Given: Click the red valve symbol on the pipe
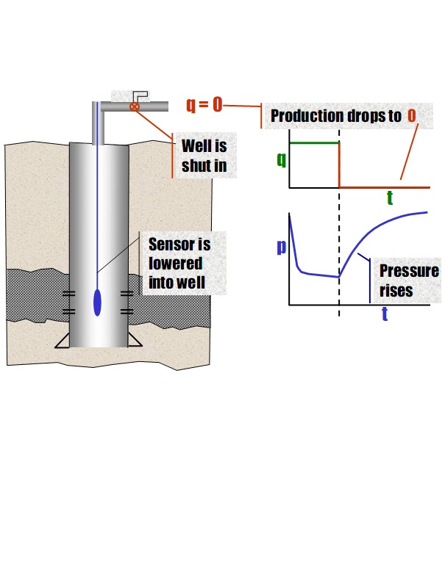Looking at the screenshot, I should click(135, 106).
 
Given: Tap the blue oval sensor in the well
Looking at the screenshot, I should click(98, 303).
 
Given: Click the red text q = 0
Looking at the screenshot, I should click(204, 105).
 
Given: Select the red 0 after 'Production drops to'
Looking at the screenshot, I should click(411, 116).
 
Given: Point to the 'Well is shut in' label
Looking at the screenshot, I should click(204, 156).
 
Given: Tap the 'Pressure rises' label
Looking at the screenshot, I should click(408, 280).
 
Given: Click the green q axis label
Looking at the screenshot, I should click(281, 159).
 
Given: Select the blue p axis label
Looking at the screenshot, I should click(281, 247).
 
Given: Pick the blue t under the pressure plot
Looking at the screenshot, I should click(385, 314).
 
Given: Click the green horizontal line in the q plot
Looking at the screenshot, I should click(315, 142).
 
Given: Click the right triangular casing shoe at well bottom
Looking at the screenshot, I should click(134, 340).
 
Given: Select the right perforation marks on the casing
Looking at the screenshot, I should click(127, 302).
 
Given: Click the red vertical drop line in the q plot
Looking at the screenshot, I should click(339, 165).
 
